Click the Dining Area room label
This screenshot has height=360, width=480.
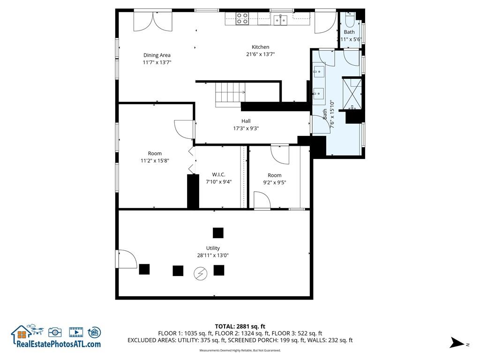point(157,55)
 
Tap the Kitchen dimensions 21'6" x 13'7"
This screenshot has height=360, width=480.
point(261,54)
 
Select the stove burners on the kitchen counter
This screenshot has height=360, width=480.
point(242,18)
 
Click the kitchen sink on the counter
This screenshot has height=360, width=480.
point(281,20)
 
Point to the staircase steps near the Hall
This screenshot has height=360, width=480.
point(230,95)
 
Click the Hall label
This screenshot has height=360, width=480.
point(246,121)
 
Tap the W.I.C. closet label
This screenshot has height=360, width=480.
point(218,174)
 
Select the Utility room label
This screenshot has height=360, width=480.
point(213,248)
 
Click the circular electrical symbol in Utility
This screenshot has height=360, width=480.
point(201,273)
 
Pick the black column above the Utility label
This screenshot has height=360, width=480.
point(218,233)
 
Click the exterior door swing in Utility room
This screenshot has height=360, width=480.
point(127,259)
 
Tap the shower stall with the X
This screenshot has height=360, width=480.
point(352,93)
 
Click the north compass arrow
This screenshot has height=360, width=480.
point(457,342)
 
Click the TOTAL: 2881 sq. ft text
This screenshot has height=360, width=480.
point(240,326)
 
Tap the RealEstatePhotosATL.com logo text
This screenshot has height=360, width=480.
point(59,344)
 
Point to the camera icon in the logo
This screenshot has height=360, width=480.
point(55,332)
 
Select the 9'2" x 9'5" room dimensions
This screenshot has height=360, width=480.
point(275,182)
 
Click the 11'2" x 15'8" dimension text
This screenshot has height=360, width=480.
point(155,160)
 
